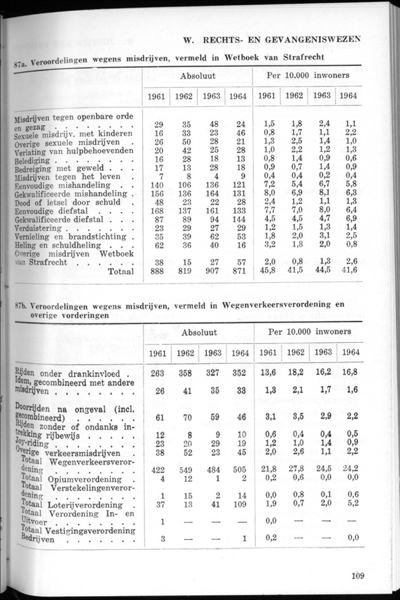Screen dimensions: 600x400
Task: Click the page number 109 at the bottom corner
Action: (356, 577)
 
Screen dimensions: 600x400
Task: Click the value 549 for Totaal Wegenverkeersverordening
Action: (183, 469)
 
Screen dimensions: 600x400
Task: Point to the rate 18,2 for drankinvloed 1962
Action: (293, 373)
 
